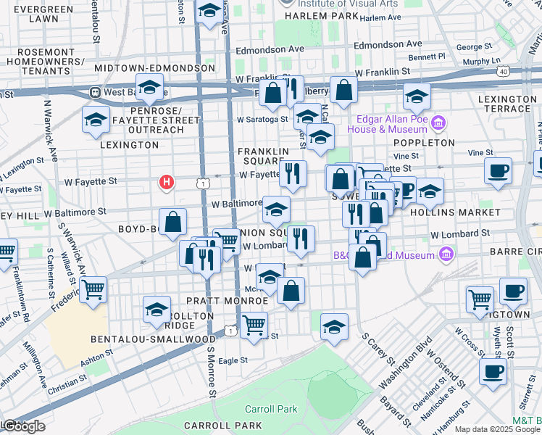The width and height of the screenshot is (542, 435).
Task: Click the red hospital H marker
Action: (x=167, y=181)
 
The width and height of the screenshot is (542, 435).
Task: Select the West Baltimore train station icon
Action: (x=94, y=93)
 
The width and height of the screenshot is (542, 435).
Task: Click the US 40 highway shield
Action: (x=502, y=71)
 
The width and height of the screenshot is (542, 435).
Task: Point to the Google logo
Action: (x=23, y=426)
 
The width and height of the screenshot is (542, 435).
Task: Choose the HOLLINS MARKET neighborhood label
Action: (x=464, y=212)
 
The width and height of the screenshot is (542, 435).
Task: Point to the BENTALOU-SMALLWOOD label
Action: (x=152, y=339)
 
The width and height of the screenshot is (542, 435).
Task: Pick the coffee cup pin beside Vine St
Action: (x=499, y=172)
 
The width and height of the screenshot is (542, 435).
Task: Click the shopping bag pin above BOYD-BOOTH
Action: (x=173, y=223)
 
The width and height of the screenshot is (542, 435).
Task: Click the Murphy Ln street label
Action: (x=485, y=61)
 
